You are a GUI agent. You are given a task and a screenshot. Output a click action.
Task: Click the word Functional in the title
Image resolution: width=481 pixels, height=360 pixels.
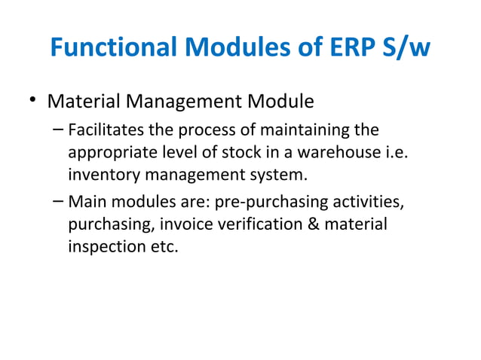tap(114, 48)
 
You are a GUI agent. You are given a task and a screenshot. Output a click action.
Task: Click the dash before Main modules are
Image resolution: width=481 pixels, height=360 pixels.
tap(59, 203)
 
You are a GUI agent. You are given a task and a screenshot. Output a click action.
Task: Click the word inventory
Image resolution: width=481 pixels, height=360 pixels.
tap(101, 177)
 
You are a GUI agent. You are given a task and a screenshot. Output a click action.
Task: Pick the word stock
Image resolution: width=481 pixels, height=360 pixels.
tap(253, 153)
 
